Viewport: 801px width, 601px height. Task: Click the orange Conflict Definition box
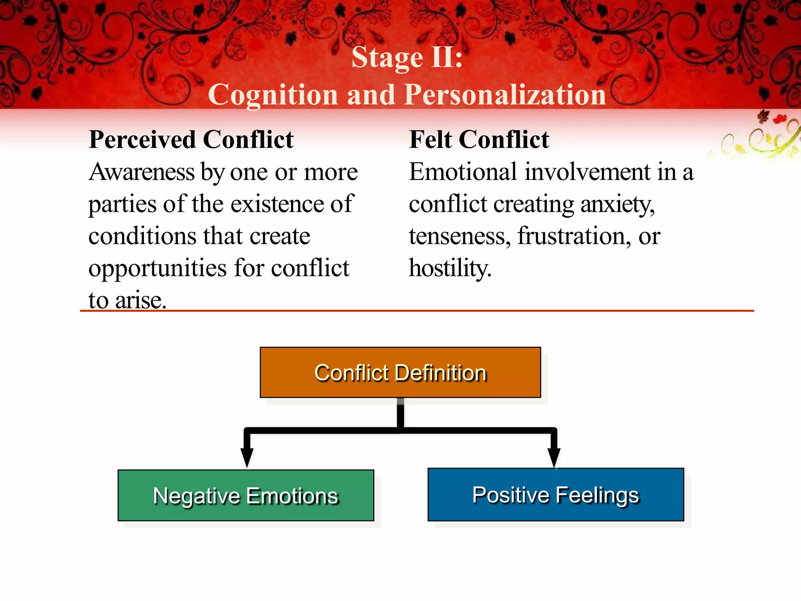[400, 372]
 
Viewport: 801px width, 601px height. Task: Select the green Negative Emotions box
[246, 495]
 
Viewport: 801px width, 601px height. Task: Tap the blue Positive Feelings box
[555, 495]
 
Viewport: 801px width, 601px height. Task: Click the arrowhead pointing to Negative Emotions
[247, 457]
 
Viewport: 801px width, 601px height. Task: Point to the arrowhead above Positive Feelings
[554, 456]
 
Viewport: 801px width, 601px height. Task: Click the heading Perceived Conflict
[191, 140]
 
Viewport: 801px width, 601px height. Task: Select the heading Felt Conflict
[479, 140]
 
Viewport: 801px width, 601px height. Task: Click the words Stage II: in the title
[407, 58]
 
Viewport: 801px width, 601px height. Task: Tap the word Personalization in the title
[505, 95]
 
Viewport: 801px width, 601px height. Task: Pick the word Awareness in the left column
[142, 172]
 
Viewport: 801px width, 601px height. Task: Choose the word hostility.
[450, 268]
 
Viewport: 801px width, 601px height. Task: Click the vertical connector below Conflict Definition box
[400, 414]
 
